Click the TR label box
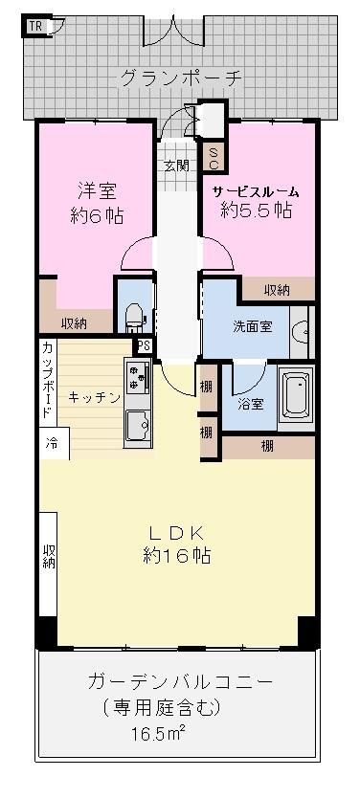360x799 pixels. tap(34, 26)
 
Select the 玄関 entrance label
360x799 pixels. tap(175, 165)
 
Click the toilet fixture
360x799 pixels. tap(134, 313)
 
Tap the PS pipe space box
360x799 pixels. tap(144, 346)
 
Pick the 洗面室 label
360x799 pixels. tap(252, 325)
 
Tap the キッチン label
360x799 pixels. tap(94, 397)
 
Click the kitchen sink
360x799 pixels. tap(135, 423)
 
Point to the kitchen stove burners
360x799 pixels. tap(135, 379)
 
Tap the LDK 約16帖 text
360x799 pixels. tap(177, 544)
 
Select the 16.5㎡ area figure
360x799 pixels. tap(159, 734)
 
